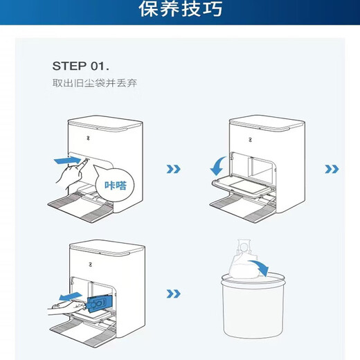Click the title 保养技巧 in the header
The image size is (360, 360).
[x=179, y=10]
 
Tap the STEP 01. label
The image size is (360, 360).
[x=80, y=66]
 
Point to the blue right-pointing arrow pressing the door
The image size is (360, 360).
[x=68, y=161]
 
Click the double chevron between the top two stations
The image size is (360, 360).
[x=174, y=169]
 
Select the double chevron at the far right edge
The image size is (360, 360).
[x=332, y=169]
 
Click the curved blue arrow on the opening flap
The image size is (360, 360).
[x=215, y=166]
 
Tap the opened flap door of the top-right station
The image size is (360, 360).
[x=242, y=186]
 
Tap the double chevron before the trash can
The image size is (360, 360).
[x=174, y=294]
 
